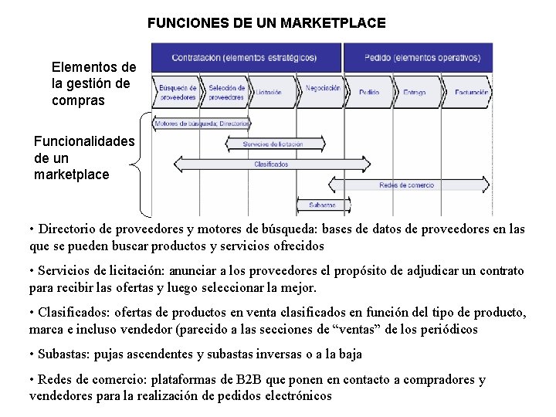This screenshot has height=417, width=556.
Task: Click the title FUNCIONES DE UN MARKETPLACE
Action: [x=266, y=23]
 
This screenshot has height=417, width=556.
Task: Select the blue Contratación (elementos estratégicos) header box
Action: [x=245, y=58]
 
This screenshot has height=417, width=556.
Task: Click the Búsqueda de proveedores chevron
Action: [x=177, y=93]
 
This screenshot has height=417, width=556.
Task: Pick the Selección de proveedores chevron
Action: [x=225, y=93]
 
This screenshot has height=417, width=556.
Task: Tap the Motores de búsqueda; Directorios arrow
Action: [x=201, y=124]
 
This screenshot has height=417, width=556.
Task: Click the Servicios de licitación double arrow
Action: [x=273, y=144]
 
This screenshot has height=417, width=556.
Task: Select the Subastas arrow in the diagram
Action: [x=321, y=205]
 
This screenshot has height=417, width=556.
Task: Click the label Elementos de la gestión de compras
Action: [x=93, y=84]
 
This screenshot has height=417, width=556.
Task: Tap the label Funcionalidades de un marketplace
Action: [x=83, y=158]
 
